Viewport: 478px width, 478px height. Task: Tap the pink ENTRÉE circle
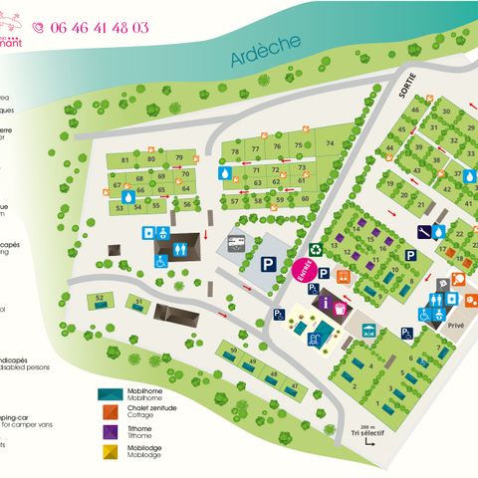(x=303, y=270)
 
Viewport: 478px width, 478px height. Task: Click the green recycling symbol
(x=316, y=250)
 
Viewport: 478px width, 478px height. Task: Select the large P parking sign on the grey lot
(x=269, y=264)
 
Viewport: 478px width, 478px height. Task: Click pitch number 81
(x=125, y=160)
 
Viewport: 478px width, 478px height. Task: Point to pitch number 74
(x=330, y=143)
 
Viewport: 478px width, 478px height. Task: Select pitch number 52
(x=101, y=299)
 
